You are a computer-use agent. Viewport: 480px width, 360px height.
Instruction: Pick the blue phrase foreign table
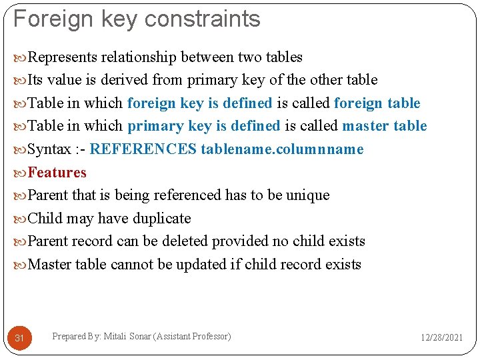click(377, 103)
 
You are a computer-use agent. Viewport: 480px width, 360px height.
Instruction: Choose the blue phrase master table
click(385, 126)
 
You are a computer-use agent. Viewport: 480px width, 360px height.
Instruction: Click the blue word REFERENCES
click(143, 149)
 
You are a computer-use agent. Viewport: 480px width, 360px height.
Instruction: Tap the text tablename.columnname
click(282, 149)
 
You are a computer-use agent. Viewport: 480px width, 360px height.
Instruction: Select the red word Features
click(57, 173)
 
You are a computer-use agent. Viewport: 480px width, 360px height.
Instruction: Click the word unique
click(307, 195)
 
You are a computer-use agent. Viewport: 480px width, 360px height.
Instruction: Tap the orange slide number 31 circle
click(19, 338)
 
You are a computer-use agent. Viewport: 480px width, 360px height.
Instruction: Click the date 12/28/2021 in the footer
click(441, 338)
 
